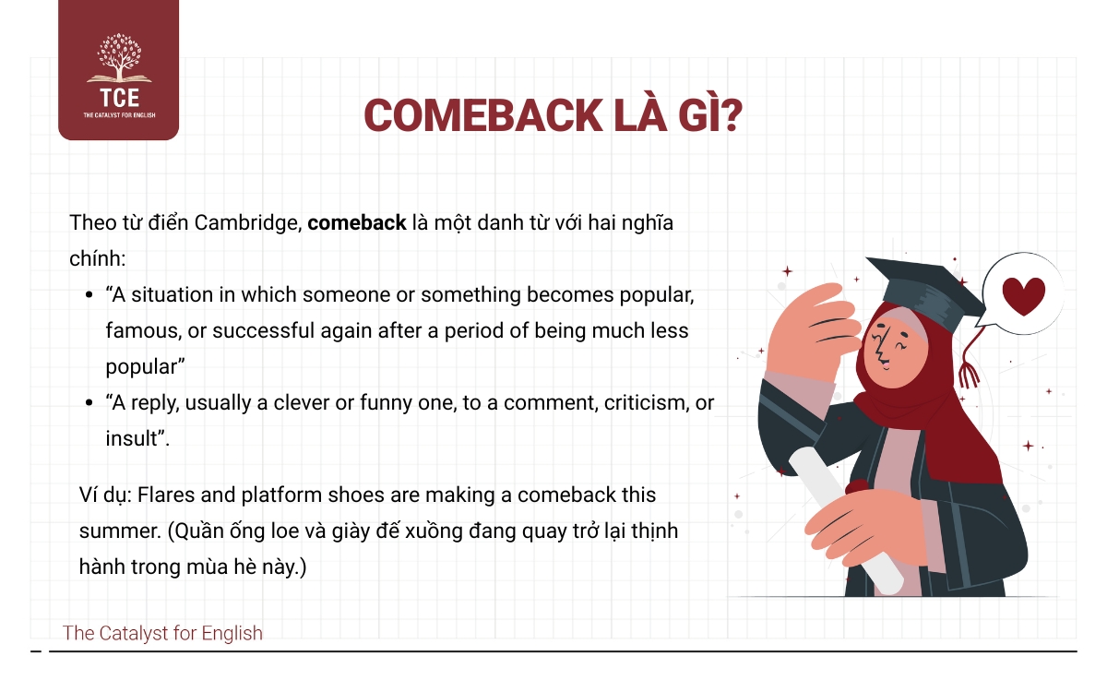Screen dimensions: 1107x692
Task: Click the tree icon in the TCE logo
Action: (119, 58)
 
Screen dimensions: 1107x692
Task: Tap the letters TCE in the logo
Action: (119, 98)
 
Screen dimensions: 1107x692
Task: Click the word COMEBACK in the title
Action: (482, 115)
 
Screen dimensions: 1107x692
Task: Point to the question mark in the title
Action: (729, 115)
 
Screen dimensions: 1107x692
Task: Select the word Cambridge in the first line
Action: (248, 223)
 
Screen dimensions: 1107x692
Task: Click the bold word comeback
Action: (357, 223)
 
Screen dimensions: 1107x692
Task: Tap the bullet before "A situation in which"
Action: (89, 295)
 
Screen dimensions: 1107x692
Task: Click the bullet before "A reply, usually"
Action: (89, 403)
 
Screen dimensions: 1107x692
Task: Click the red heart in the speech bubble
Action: (1023, 295)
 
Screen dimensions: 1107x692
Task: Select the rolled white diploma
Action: (846, 520)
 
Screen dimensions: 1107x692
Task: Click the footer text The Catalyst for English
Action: (162, 633)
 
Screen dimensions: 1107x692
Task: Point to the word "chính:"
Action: (98, 258)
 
